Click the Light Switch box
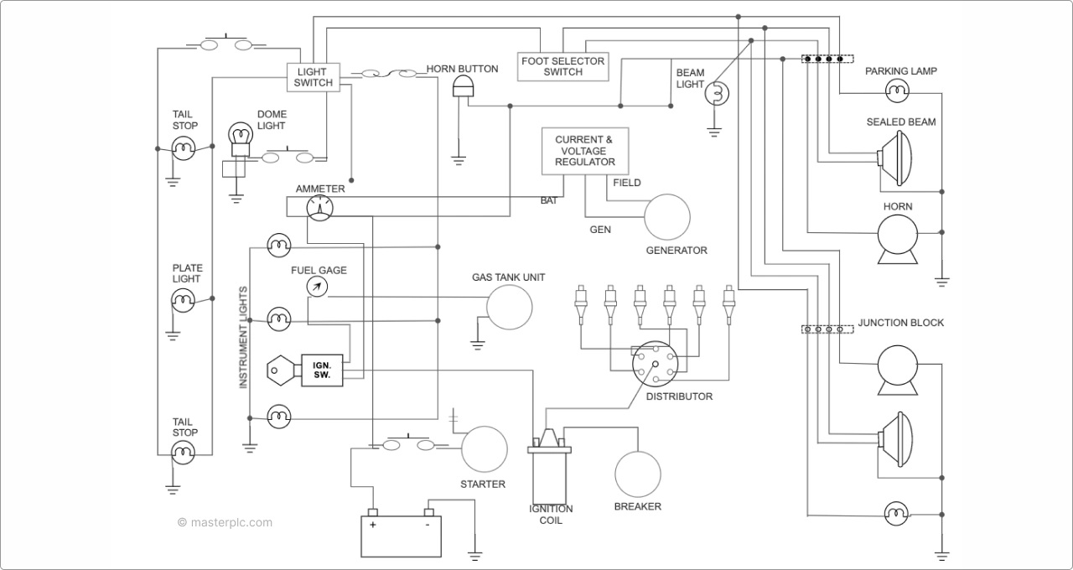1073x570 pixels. point(314,77)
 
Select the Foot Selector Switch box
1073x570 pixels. point(562,66)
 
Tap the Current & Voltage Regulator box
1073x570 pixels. point(585,151)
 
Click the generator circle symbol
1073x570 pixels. point(666,217)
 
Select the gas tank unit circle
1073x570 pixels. point(510,307)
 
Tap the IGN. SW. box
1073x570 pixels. point(323,370)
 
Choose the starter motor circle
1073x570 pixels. point(485,449)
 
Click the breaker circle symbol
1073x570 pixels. point(637,474)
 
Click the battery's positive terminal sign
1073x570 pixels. point(372,525)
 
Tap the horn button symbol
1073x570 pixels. point(463,87)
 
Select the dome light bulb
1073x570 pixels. point(241,136)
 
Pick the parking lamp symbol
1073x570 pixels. point(897,89)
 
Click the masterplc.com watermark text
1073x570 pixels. point(225,522)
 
